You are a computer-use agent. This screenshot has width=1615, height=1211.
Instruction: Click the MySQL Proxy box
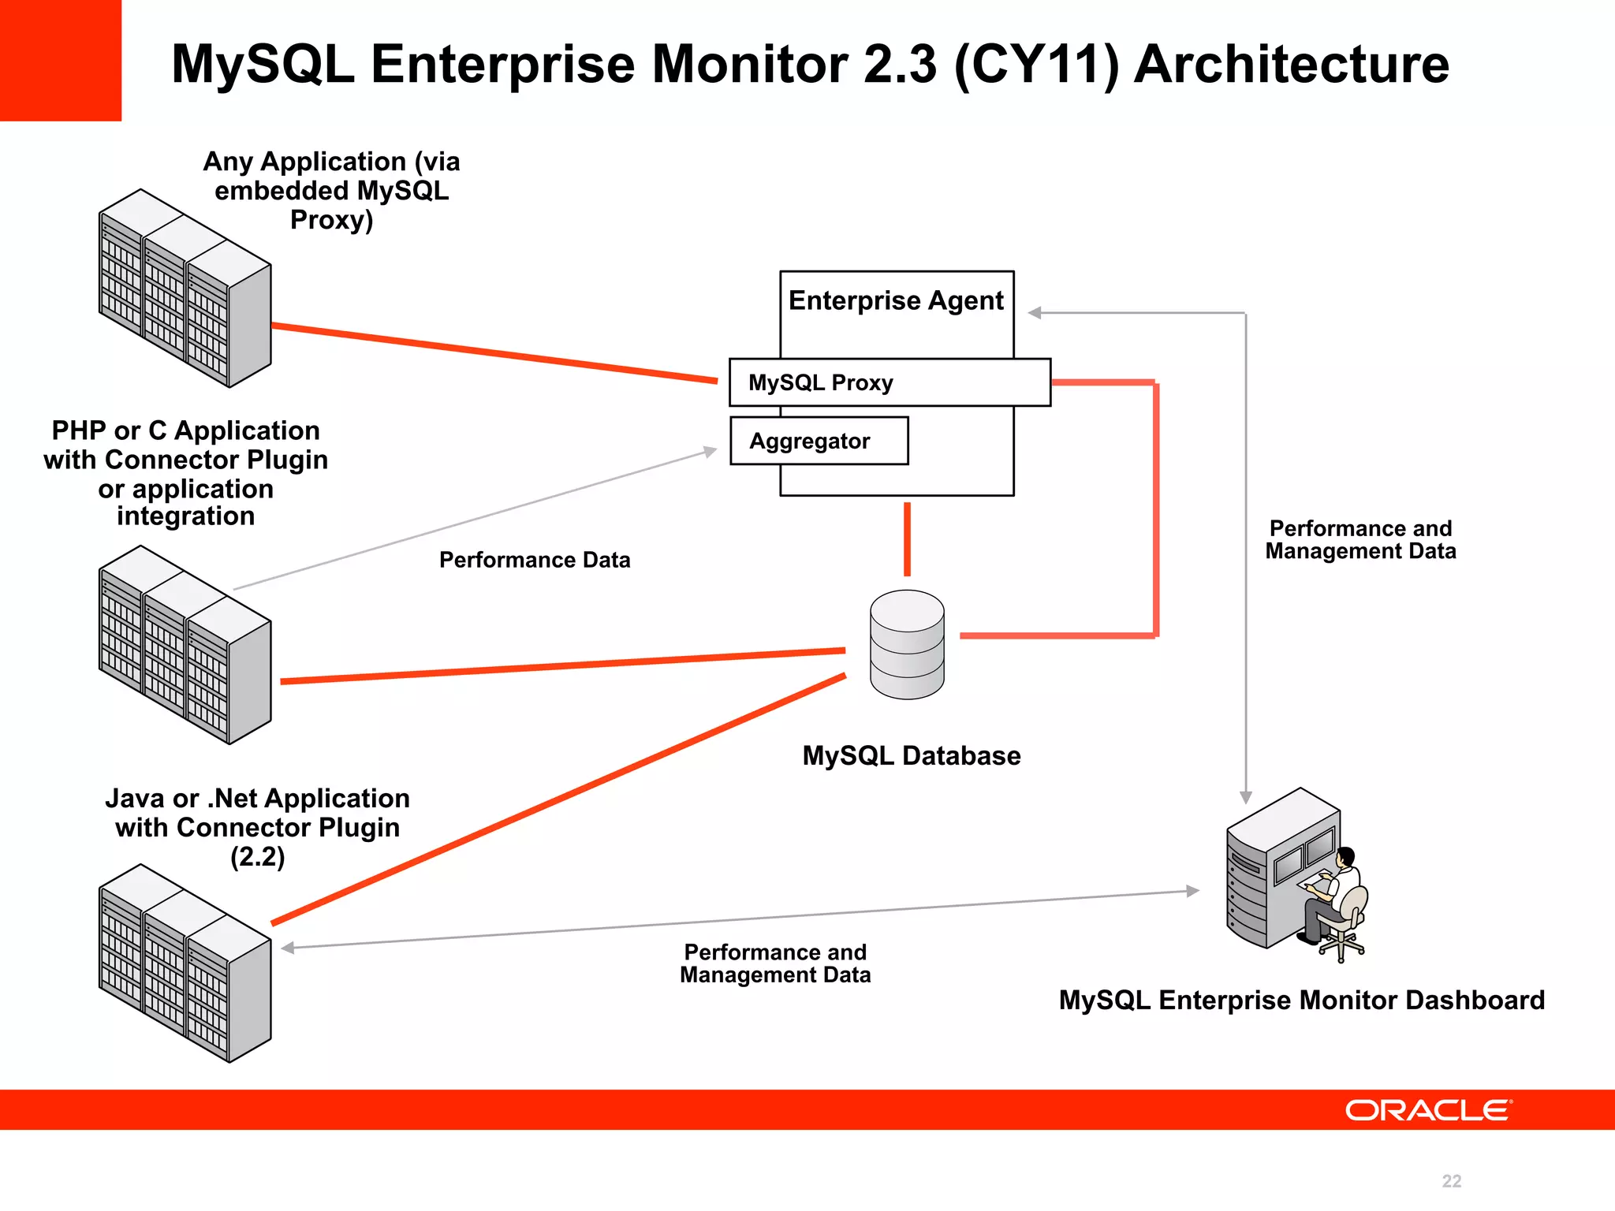[x=890, y=382]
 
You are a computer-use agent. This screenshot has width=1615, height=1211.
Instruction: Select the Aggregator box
[x=819, y=441]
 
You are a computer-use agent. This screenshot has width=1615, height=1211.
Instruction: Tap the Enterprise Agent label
[x=896, y=300]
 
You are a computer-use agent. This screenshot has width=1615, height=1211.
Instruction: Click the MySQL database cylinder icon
[x=907, y=644]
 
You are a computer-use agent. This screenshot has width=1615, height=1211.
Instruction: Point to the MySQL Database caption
[x=911, y=755]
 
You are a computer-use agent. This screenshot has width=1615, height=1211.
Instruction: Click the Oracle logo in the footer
[x=1428, y=1110]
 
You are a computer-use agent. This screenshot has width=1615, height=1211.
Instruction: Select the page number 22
[x=1451, y=1181]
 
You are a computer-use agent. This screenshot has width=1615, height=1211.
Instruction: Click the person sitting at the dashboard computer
[x=1337, y=899]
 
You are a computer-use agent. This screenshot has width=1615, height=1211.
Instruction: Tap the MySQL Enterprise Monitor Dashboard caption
[x=1301, y=1000]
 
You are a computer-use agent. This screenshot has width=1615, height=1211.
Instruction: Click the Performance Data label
[x=535, y=560]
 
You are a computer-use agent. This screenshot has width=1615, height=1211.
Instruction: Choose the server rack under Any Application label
[x=185, y=289]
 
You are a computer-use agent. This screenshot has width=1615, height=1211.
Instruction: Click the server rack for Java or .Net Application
[x=185, y=963]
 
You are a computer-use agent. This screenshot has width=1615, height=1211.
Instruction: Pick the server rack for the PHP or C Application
[x=185, y=645]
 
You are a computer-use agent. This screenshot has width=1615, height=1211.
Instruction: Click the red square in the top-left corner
[x=60, y=60]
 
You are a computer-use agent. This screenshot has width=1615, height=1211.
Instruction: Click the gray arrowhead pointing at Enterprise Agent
[x=1035, y=313]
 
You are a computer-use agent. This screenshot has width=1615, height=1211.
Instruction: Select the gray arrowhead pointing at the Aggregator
[x=711, y=452]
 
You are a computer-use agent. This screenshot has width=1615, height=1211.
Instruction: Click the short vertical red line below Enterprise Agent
[x=907, y=539]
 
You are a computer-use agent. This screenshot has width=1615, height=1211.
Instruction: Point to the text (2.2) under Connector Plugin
[x=257, y=856]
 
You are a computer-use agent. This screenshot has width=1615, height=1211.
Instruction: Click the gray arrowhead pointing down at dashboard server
[x=1246, y=797]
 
